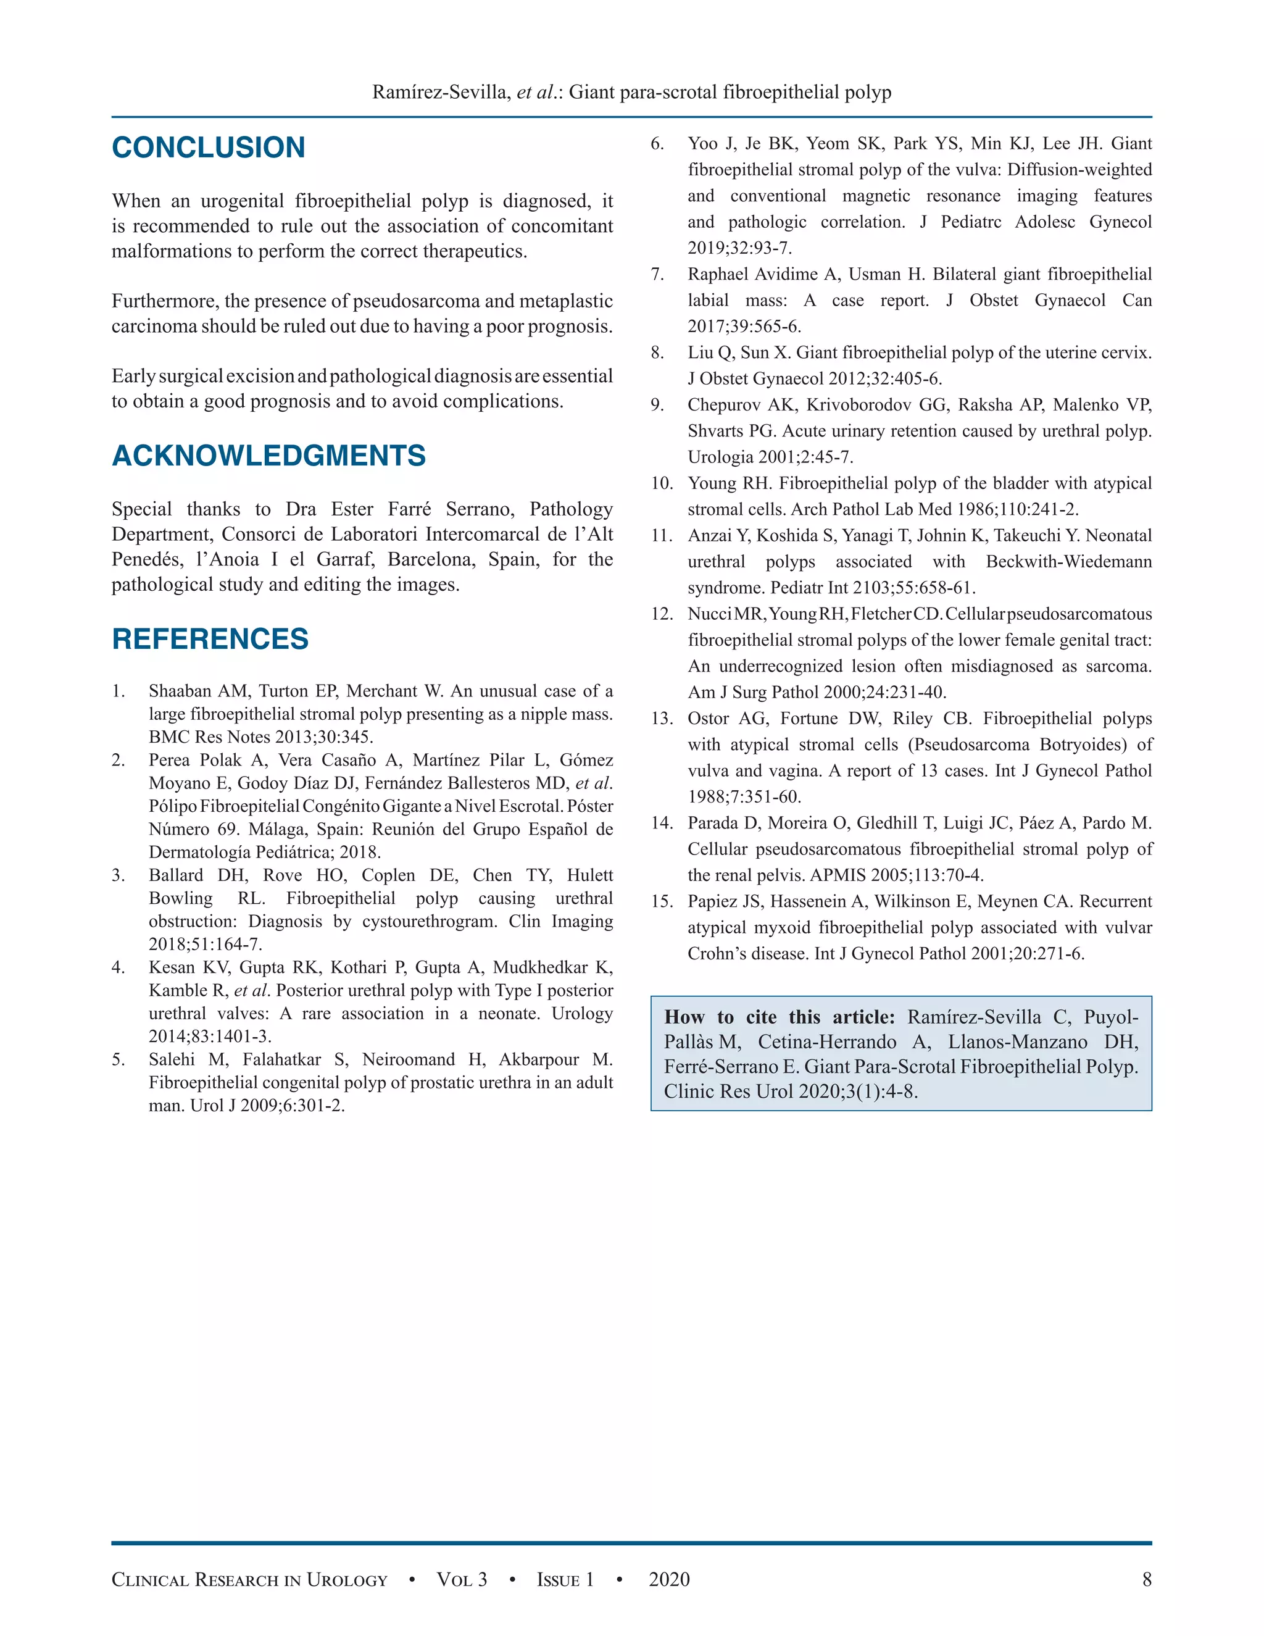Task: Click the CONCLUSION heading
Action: tap(208, 148)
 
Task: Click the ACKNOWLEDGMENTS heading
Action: tap(268, 456)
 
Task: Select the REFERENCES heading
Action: tap(210, 639)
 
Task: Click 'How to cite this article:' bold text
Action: tap(779, 1017)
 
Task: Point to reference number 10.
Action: tap(661, 483)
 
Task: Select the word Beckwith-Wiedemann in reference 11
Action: tap(1068, 562)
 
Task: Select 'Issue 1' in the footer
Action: tap(565, 1580)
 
